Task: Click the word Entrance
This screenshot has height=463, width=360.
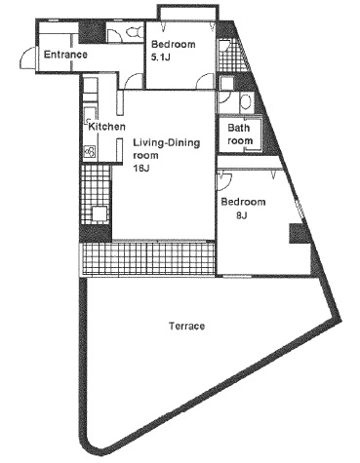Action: pyautogui.click(x=65, y=55)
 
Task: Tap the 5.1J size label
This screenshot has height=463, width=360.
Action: pyautogui.click(x=160, y=58)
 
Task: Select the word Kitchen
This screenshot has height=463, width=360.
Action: pyautogui.click(x=106, y=127)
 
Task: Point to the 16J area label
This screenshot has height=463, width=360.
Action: pyautogui.click(x=141, y=169)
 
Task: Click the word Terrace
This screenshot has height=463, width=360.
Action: pyautogui.click(x=187, y=326)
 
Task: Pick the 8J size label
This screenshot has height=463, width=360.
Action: pyautogui.click(x=242, y=215)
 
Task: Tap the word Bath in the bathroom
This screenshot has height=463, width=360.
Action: pyautogui.click(x=239, y=128)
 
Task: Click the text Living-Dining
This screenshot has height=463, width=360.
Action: pyautogui.click(x=167, y=143)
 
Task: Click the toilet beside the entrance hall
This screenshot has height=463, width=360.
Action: pyautogui.click(x=134, y=32)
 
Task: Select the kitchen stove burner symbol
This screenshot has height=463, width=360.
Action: pyautogui.click(x=90, y=152)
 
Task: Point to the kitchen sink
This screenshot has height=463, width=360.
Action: pyautogui.click(x=89, y=114)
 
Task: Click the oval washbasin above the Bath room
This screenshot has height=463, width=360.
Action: pyautogui.click(x=246, y=101)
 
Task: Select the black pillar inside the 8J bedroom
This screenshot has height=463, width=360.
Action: pyautogui.click(x=298, y=233)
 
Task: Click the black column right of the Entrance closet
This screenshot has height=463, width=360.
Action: pyautogui.click(x=92, y=31)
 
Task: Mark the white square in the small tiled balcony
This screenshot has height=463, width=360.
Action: pyautogui.click(x=100, y=213)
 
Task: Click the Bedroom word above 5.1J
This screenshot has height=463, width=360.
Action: pyautogui.click(x=173, y=44)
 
